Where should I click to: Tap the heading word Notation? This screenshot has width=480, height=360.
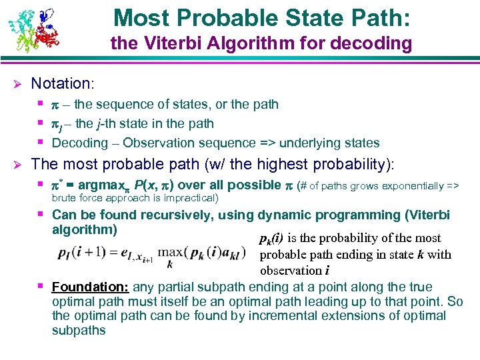[61, 83]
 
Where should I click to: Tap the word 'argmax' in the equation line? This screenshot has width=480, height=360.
[99, 185]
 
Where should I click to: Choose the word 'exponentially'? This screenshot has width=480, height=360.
[407, 185]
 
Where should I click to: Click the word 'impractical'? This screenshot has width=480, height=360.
[190, 198]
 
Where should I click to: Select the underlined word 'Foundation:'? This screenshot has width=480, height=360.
[91, 287]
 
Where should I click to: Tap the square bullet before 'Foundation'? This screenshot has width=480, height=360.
[42, 286]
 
